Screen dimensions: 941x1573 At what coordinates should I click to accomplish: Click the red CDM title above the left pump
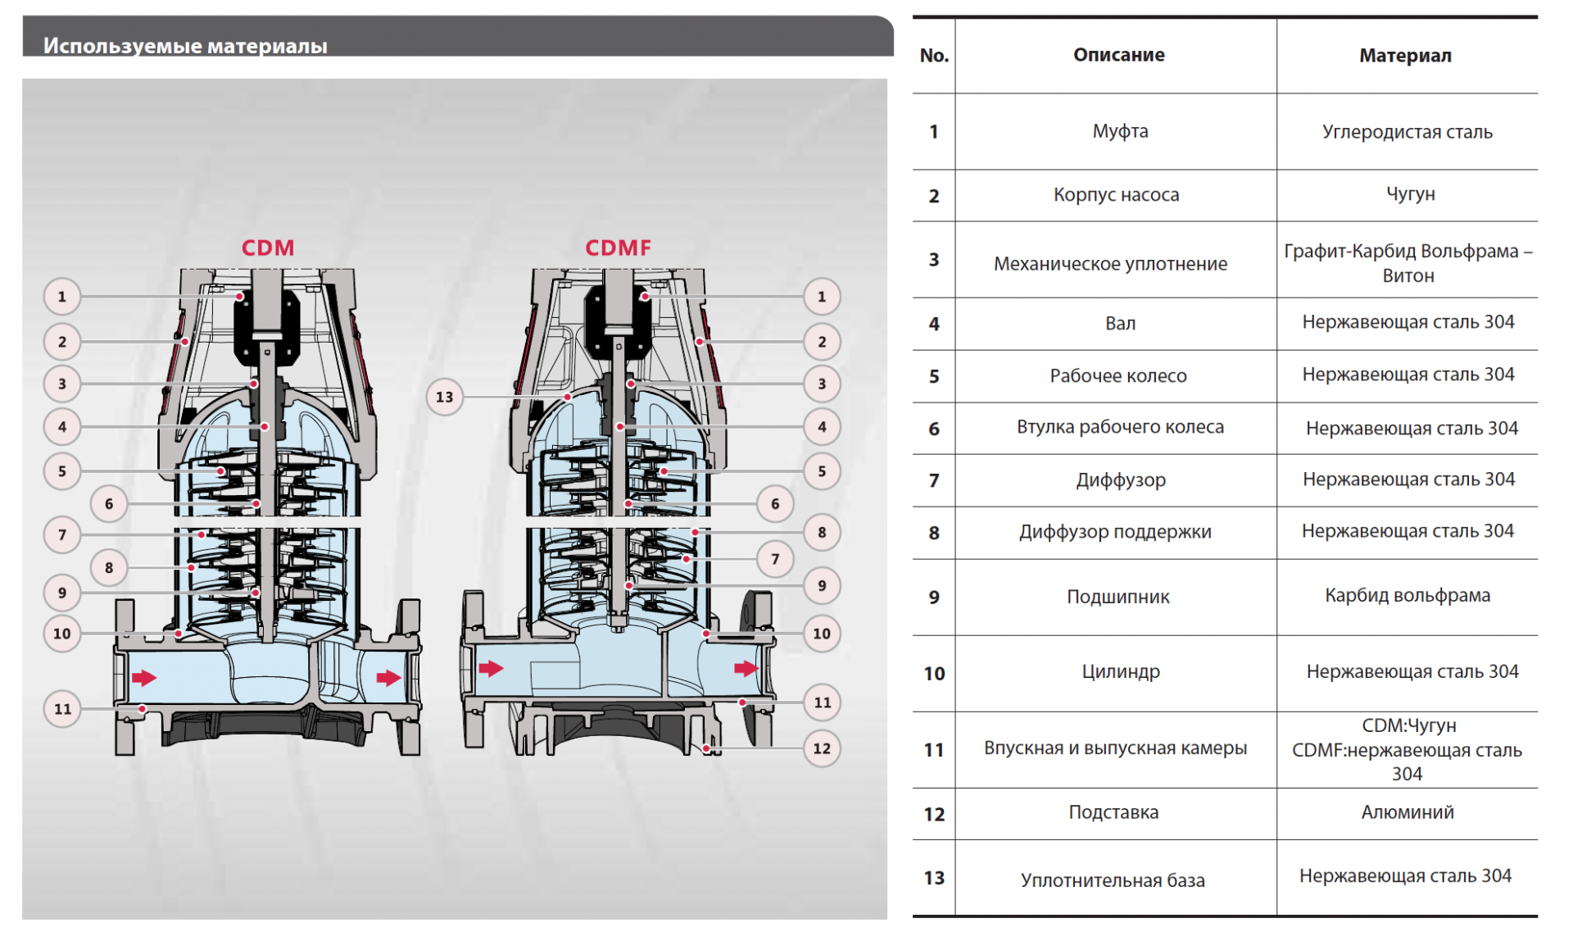click(267, 248)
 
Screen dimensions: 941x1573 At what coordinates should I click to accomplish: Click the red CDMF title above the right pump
click(618, 248)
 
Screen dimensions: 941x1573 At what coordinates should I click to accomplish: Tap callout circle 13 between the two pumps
click(444, 397)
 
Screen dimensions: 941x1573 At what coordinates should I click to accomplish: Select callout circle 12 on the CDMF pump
click(822, 748)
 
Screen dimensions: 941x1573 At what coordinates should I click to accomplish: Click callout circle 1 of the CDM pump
click(62, 297)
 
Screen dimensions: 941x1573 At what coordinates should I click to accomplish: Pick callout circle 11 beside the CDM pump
click(62, 709)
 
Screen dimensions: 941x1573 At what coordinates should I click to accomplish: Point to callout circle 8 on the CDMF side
click(822, 532)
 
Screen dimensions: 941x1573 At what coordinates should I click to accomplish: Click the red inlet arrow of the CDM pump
click(144, 677)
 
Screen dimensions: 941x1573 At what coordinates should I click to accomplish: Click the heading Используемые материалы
click(185, 46)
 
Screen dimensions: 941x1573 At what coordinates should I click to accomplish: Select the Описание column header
click(1118, 55)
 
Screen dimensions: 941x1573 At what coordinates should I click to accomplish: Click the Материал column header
click(1405, 56)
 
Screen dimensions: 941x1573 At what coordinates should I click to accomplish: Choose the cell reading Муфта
click(1120, 131)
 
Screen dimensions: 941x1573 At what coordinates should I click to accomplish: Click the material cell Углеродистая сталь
click(1407, 132)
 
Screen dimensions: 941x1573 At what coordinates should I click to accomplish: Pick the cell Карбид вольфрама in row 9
click(1407, 596)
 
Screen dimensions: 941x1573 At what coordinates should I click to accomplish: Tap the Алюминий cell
click(1407, 812)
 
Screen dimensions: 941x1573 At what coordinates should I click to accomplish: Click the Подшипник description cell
click(1117, 597)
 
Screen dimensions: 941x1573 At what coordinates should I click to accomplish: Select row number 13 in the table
click(934, 878)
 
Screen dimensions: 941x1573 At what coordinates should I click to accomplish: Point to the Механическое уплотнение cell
click(1110, 264)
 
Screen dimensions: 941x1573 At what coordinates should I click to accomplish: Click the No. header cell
click(934, 56)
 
